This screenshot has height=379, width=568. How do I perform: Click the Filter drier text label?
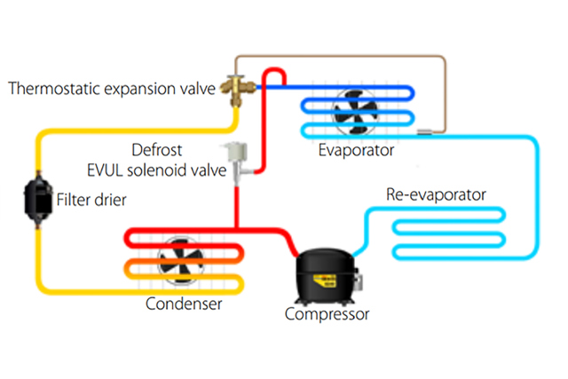[x=90, y=199]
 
